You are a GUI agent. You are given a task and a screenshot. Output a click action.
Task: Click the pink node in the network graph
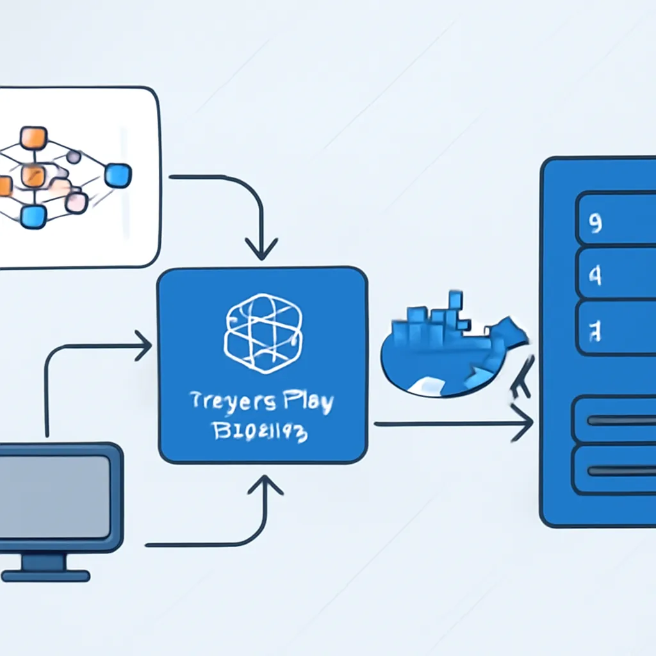(x=77, y=202)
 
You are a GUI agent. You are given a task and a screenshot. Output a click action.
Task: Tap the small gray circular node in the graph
(x=74, y=156)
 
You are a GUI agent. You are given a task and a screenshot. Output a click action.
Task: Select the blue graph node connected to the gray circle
(x=117, y=176)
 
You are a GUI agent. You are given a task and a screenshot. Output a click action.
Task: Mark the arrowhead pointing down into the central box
(x=261, y=249)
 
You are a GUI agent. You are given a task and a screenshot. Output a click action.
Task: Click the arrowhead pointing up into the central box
(x=265, y=486)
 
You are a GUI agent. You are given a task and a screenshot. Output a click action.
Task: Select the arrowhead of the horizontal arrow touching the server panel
(x=525, y=423)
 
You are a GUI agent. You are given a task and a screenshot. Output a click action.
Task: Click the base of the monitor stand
(x=45, y=576)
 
